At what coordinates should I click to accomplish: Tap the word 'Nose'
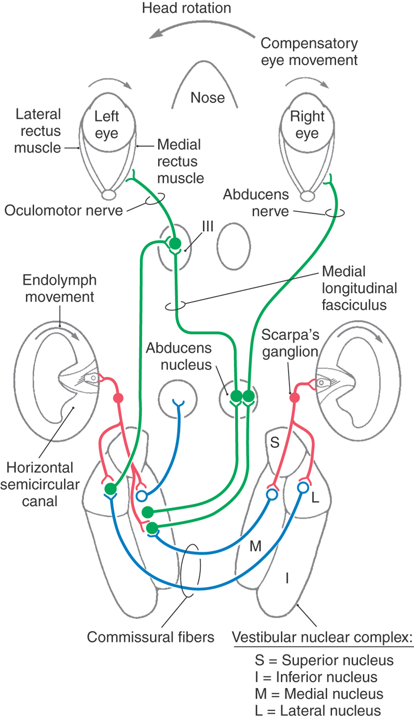click(208, 97)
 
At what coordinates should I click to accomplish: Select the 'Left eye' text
click(106, 124)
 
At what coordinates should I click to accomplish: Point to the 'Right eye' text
click(308, 124)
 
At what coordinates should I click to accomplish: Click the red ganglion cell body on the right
click(294, 398)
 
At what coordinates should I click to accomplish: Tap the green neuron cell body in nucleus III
click(176, 243)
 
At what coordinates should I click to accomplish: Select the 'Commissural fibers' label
click(150, 637)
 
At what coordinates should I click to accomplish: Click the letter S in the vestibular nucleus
click(275, 442)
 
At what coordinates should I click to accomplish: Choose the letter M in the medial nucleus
click(255, 546)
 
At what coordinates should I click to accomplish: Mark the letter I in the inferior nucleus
click(287, 579)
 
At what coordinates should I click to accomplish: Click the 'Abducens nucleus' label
click(179, 356)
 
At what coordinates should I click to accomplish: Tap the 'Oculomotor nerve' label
click(64, 210)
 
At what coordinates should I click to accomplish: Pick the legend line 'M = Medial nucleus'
click(319, 694)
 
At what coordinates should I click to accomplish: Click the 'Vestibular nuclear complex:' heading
click(323, 639)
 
